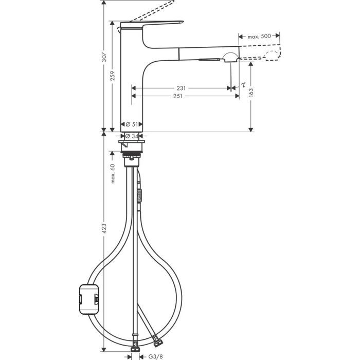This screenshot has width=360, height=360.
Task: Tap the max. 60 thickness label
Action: [x=112, y=173]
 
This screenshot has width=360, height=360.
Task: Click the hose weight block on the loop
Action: [x=88, y=297]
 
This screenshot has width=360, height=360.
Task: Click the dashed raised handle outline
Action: [x=154, y=9]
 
